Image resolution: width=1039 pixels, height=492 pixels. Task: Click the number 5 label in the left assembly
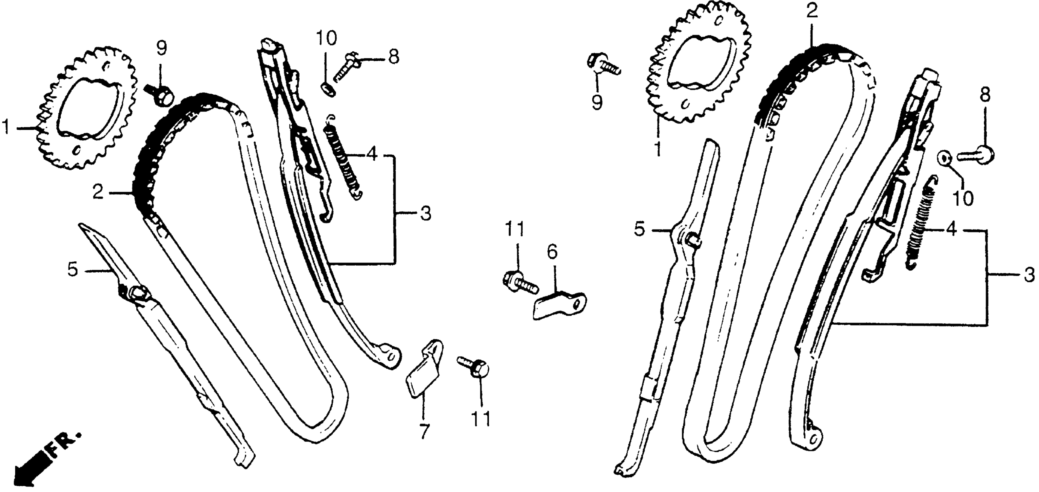tap(73, 270)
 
